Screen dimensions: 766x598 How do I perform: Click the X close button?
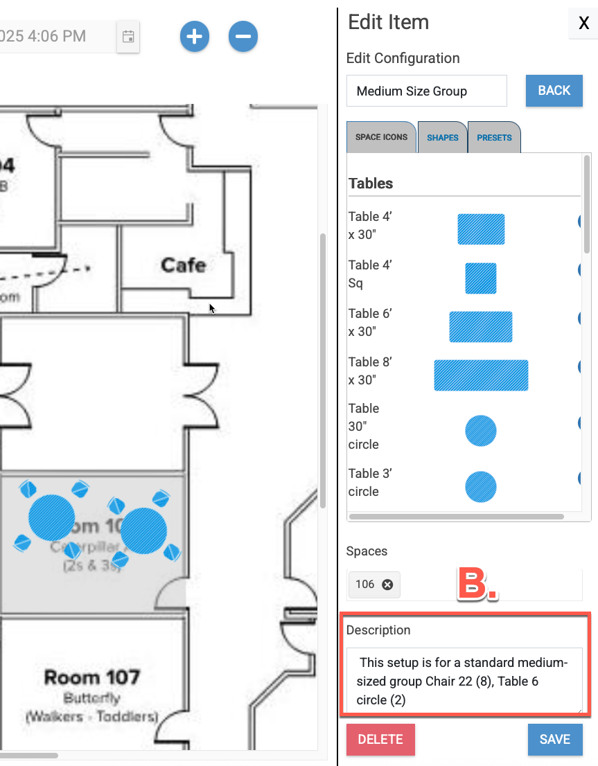583,24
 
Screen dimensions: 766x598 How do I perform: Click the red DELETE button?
380,739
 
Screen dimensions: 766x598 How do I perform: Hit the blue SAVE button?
554,739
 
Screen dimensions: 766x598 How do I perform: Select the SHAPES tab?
442,137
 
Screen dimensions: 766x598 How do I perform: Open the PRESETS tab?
494,137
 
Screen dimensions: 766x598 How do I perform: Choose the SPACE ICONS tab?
381,137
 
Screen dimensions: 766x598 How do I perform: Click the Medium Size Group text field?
426,91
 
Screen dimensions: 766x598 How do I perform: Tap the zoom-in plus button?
195,36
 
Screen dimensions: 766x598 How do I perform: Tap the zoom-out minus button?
243,36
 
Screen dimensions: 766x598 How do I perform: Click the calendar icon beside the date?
128,37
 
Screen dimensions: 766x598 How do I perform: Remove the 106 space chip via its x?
387,585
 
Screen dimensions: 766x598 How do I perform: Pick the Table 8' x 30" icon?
481,375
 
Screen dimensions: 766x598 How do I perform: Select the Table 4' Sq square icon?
481,278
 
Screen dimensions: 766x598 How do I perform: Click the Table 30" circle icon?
481,431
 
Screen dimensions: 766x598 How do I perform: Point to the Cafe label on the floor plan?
183,265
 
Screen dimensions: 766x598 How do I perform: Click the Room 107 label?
92,677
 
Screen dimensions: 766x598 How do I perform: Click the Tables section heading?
371,184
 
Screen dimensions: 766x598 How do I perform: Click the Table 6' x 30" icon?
481,327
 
